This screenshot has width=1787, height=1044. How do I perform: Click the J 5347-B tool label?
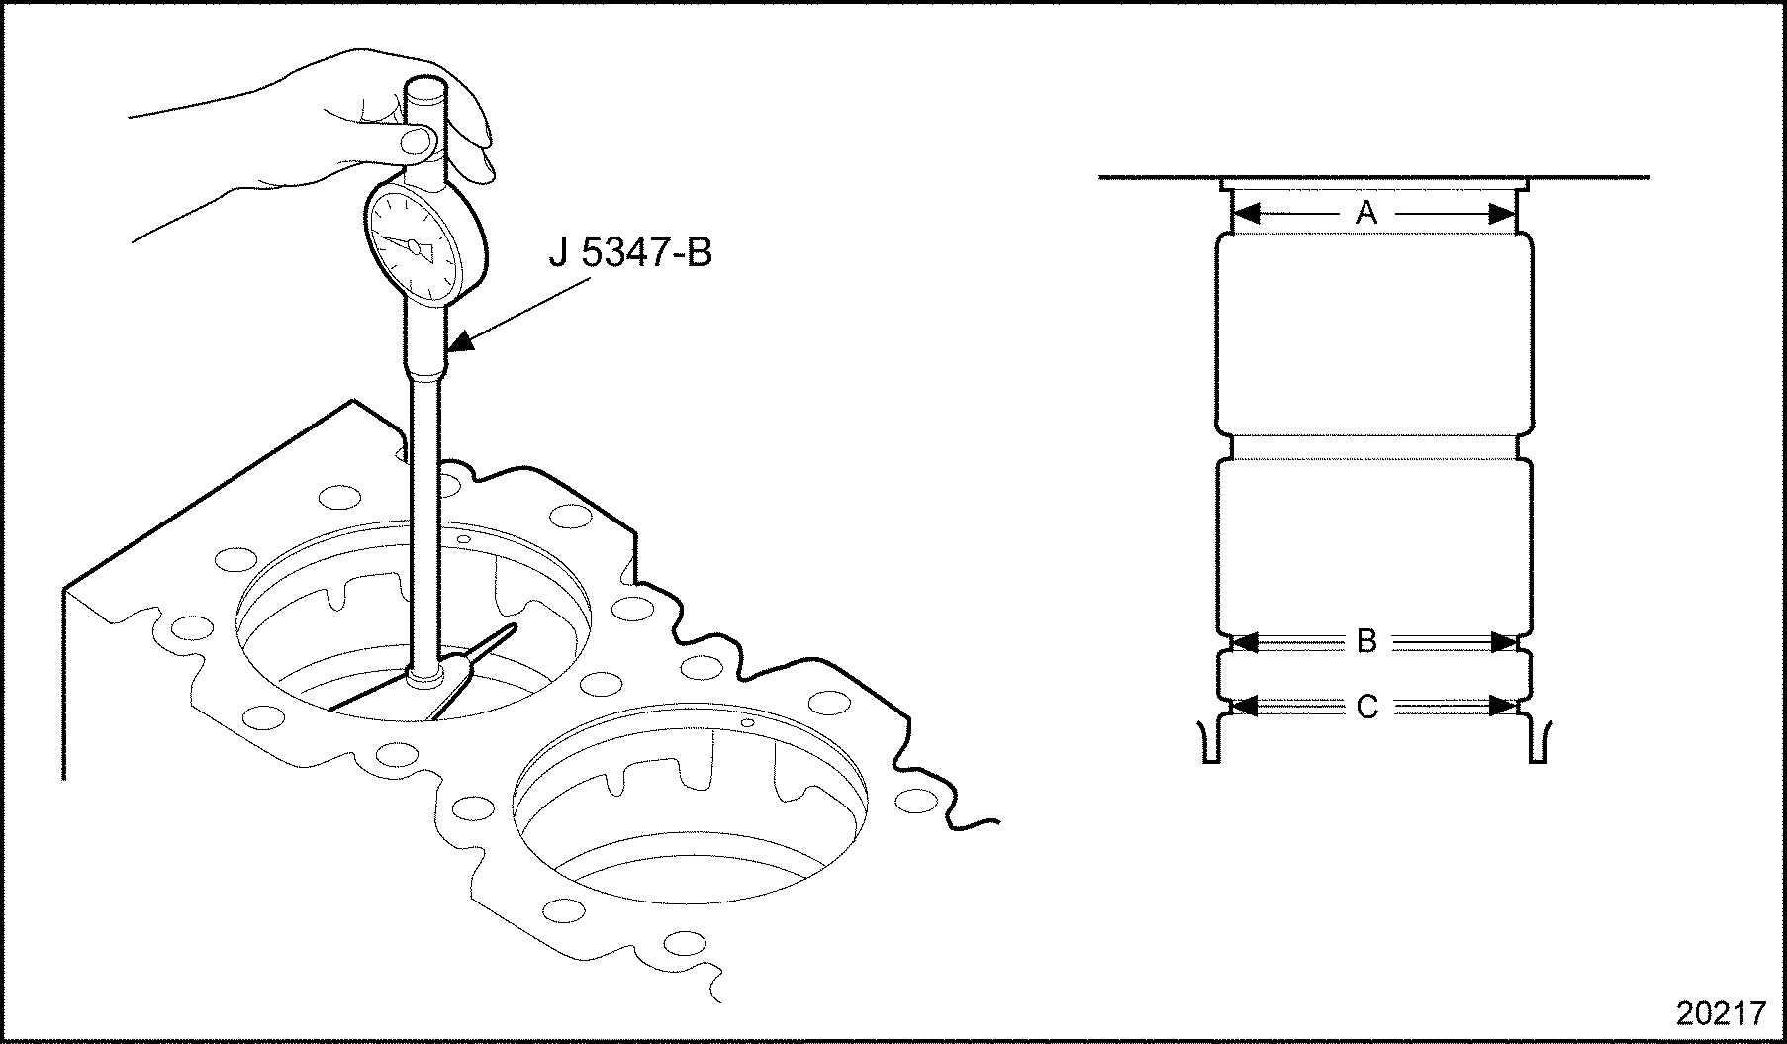pyautogui.click(x=630, y=254)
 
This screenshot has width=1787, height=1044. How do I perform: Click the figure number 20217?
pyautogui.click(x=1721, y=1014)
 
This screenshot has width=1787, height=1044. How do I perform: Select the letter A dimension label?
pyautogui.click(x=1366, y=212)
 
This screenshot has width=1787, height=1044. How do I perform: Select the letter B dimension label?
pyautogui.click(x=1366, y=642)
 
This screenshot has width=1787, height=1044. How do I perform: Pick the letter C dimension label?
pyautogui.click(x=1366, y=707)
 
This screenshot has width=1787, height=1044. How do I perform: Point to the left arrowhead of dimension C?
pyautogui.click(x=1243, y=707)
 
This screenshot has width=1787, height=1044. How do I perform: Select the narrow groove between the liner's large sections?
pyautogui.click(x=1374, y=448)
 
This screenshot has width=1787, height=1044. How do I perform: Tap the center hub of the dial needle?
pyautogui.click(x=414, y=244)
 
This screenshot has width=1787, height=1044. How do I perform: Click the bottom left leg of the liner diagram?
pyautogui.click(x=1210, y=743)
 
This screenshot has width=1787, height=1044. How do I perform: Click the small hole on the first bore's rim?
pyautogui.click(x=465, y=541)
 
